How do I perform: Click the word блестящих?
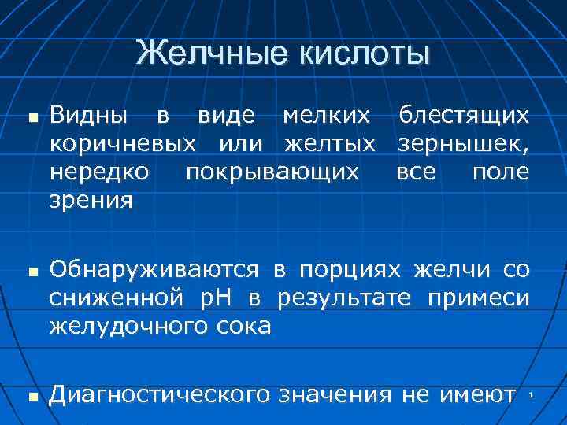pos(464,116)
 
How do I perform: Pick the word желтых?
pos(329,145)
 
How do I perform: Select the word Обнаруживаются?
pos(154,270)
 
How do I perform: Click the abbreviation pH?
pos(235,298)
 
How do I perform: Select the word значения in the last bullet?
pos(335,394)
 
